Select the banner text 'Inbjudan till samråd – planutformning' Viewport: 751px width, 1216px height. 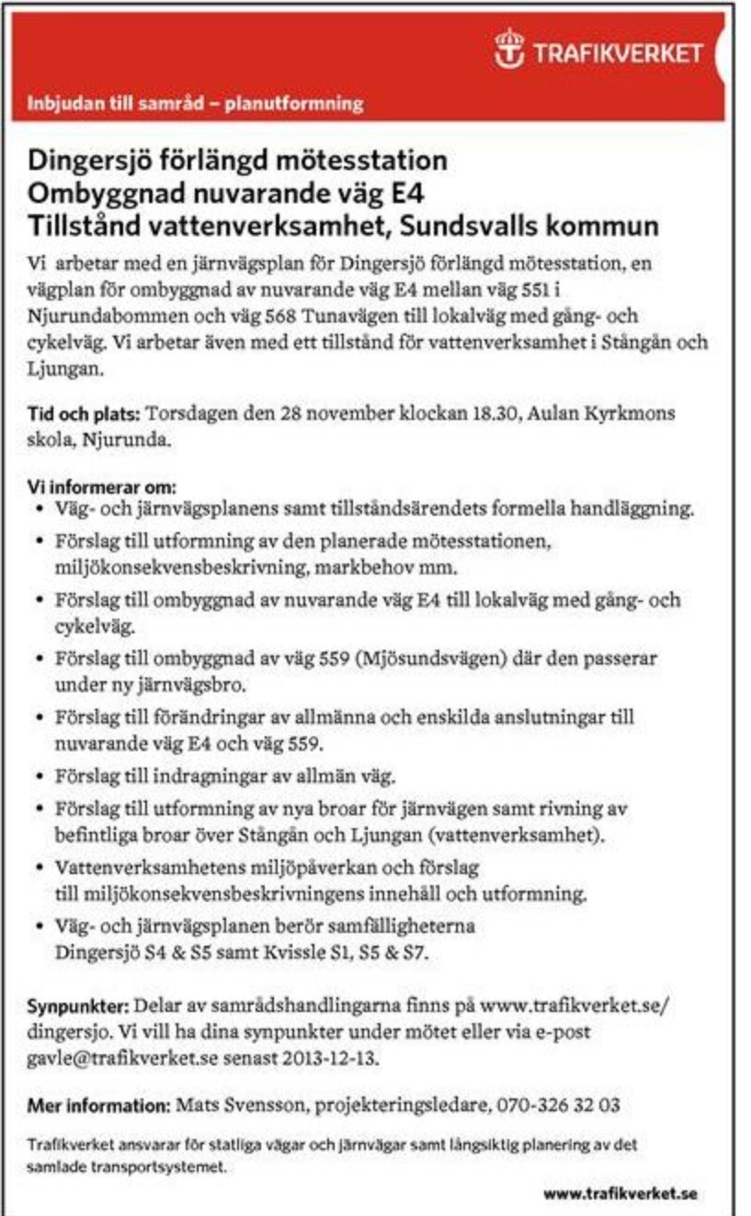coord(194,104)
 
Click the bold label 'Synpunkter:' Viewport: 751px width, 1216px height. coord(79,1005)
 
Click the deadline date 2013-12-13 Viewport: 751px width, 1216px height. coord(330,1058)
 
